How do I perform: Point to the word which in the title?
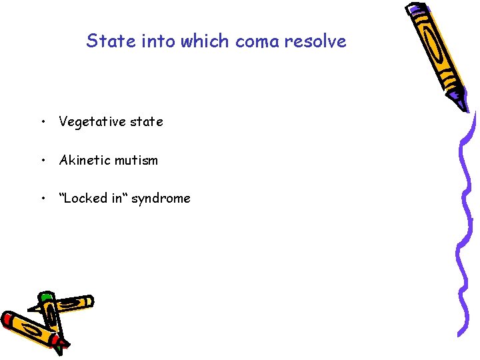199,41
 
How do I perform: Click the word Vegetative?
92,122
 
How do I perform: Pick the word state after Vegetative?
146,122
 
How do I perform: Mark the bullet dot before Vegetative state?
42,122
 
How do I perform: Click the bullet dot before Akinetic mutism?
42,160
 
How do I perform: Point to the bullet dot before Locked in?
42,198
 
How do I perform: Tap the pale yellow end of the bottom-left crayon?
86,302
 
